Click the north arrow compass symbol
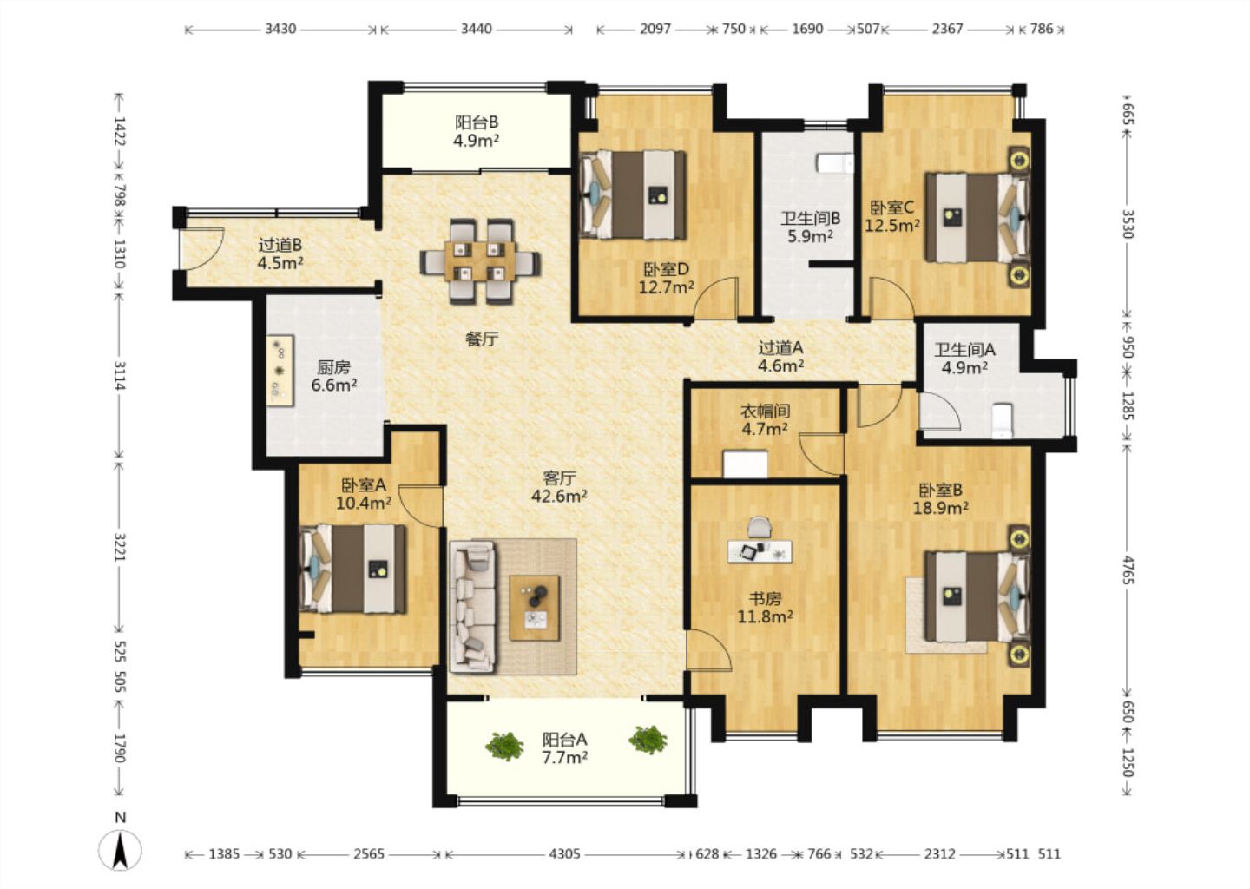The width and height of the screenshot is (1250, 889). click(120, 849)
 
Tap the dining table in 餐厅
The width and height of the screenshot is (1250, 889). click(480, 261)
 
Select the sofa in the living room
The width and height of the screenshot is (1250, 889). click(472, 606)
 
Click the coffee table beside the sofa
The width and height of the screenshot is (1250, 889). click(534, 608)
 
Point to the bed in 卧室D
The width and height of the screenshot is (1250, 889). click(633, 194)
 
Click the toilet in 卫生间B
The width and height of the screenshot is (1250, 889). click(835, 163)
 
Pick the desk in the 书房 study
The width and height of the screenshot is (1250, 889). click(760, 550)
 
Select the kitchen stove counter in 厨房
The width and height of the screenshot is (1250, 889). click(280, 371)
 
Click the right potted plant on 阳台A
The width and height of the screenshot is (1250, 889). click(648, 740)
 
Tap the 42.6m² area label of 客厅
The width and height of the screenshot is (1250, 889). click(559, 496)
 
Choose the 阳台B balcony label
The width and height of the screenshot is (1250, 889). click(477, 122)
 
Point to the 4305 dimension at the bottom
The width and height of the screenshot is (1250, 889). click(565, 854)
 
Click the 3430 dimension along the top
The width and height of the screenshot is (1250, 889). click(280, 29)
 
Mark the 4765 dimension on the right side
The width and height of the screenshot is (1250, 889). click(1128, 570)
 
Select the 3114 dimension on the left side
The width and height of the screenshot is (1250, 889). click(120, 375)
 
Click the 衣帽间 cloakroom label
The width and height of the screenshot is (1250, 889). click(765, 412)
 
